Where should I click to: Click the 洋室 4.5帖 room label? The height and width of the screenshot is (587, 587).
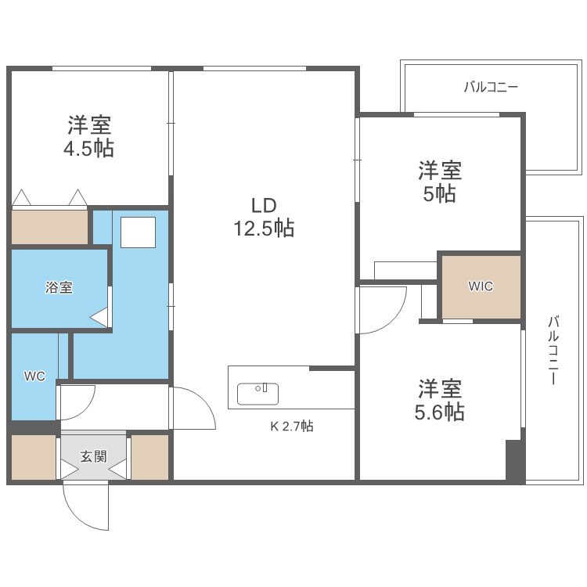[88, 136]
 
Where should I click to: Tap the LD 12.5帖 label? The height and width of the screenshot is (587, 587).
[263, 218]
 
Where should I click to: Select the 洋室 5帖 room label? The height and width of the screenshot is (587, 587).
[439, 182]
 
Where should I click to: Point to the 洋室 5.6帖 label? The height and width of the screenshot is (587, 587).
[439, 400]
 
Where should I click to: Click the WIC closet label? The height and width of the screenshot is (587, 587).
[481, 286]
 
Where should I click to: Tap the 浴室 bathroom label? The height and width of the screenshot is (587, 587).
[58, 287]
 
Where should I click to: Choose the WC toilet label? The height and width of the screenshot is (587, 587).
[34, 376]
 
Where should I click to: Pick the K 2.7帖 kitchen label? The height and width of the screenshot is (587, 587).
[292, 427]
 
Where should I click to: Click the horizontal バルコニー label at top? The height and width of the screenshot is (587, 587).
[491, 88]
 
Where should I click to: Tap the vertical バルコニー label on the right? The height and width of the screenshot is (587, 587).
[553, 350]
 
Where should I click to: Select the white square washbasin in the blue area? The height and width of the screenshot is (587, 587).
[138, 232]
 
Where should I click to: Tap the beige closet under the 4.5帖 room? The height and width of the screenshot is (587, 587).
[49, 227]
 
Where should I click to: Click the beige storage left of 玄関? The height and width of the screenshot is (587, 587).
[34, 456]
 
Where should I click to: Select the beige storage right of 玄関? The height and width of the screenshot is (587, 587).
[149, 456]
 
